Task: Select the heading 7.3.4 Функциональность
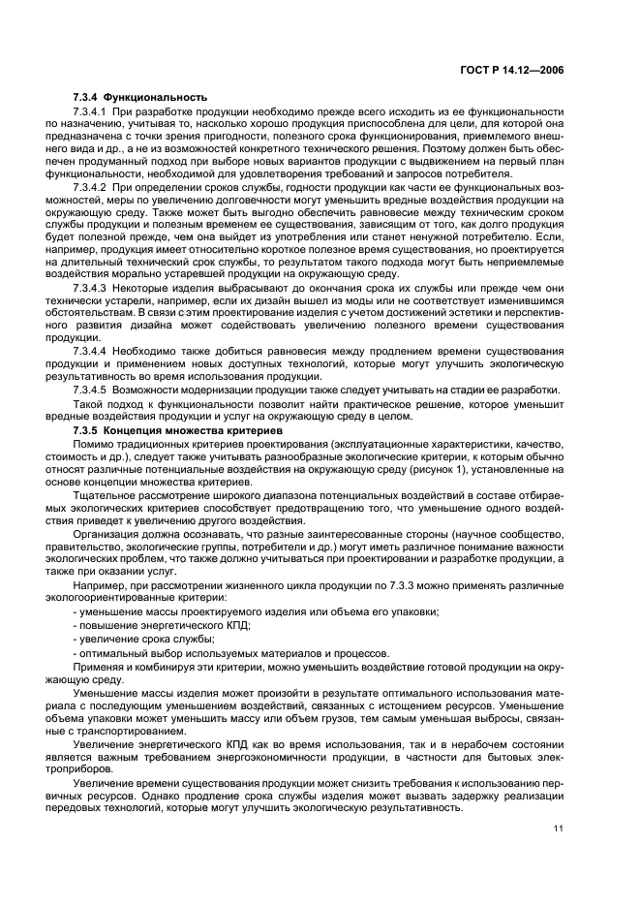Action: pos(139,98)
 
